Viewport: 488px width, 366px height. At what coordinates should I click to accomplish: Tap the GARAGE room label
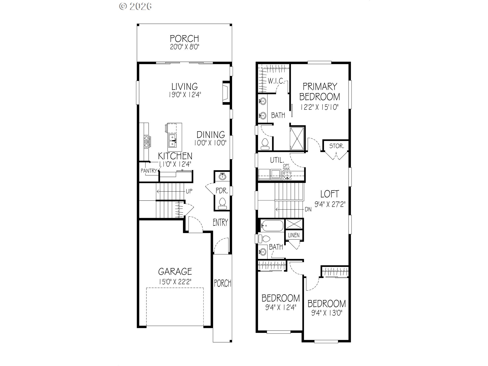click(x=175, y=272)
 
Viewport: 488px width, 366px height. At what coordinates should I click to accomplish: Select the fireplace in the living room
click(x=225, y=93)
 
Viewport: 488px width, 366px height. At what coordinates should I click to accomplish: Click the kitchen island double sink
click(x=172, y=141)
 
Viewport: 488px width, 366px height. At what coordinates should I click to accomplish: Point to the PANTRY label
click(x=149, y=171)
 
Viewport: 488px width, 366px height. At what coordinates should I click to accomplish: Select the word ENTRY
click(x=220, y=223)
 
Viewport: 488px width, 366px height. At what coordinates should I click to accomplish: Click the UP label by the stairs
click(x=189, y=191)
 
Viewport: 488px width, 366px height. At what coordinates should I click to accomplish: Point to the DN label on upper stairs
click(x=308, y=210)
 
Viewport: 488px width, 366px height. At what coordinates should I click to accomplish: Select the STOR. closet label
click(x=337, y=146)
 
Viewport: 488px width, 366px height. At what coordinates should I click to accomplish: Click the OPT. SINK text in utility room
click(x=286, y=167)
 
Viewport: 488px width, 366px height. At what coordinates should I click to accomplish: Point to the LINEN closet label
click(x=294, y=235)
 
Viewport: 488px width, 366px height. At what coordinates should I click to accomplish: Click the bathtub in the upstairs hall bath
click(x=272, y=225)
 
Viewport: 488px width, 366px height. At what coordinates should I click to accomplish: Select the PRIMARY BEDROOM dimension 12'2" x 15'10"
click(x=319, y=107)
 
